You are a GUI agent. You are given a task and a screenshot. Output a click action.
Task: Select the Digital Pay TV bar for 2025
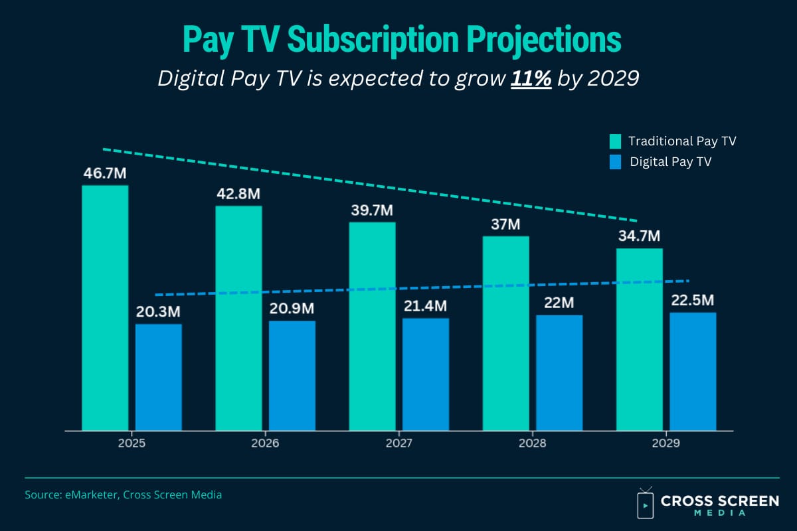click(158, 377)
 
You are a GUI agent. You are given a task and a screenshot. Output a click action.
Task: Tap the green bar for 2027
click(372, 326)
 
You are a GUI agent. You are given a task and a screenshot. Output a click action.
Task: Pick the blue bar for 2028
click(559, 372)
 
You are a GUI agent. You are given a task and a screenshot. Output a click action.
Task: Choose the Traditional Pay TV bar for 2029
click(639, 339)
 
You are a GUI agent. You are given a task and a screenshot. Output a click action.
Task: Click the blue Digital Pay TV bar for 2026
click(292, 376)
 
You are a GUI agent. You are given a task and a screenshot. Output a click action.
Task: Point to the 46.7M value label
click(105, 174)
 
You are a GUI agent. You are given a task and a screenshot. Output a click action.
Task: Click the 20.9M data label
click(292, 309)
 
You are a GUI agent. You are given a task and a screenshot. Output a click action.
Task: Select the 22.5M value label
click(693, 301)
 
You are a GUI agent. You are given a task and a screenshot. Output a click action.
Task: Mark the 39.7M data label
click(372, 210)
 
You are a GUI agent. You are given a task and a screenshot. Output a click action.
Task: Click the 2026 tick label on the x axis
click(265, 443)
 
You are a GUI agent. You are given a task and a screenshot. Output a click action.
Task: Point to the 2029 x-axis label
click(666, 443)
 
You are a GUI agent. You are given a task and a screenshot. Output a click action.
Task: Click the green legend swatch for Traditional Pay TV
click(616, 141)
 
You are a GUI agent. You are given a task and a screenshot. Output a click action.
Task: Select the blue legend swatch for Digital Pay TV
click(616, 161)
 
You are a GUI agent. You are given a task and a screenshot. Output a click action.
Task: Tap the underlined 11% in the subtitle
click(531, 79)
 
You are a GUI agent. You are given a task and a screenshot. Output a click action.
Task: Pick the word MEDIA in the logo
click(719, 512)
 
